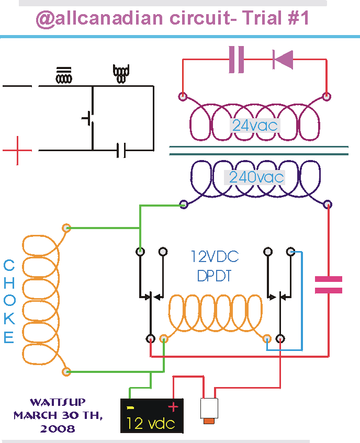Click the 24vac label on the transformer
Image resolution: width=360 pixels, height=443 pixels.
[255, 126]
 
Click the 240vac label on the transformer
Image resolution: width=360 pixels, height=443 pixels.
[256, 177]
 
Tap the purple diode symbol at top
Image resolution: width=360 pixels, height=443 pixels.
[283, 60]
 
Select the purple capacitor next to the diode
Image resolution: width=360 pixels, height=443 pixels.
[236, 60]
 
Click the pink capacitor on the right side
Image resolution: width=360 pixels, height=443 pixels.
[329, 285]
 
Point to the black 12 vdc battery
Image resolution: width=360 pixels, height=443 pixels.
[152, 416]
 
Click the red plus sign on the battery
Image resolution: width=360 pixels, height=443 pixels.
[173, 407]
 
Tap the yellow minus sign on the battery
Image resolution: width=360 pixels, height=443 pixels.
[130, 407]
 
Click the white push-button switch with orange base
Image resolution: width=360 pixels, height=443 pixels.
[209, 411]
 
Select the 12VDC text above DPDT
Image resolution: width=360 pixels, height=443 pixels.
[215, 256]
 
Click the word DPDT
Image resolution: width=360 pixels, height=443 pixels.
[214, 276]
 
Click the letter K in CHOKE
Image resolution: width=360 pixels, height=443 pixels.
[9, 318]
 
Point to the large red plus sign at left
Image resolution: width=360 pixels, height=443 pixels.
[17, 150]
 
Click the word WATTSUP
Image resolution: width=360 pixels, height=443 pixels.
[58, 402]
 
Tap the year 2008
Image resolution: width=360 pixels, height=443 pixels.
[58, 428]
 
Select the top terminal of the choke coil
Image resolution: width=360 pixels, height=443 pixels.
[66, 228]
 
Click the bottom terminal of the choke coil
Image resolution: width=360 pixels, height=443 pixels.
[66, 371]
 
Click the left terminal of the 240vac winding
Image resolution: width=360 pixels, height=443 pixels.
[184, 205]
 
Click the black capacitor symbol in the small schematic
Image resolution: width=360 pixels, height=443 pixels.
[121, 150]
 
